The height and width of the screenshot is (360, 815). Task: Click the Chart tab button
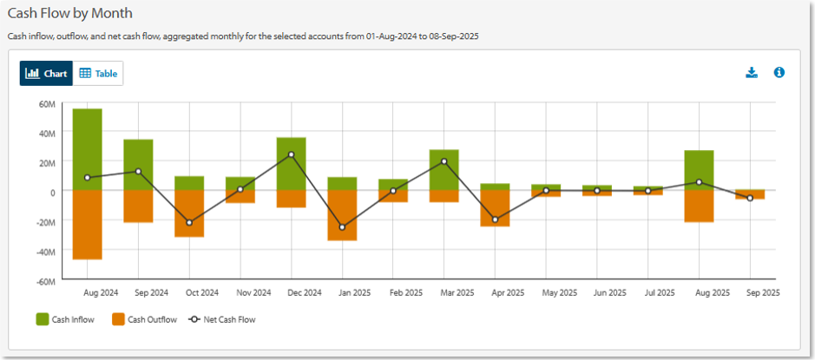click(47, 74)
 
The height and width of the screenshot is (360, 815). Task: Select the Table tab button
click(98, 74)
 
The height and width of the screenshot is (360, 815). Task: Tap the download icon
click(752, 73)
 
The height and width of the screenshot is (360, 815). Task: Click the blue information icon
click(779, 73)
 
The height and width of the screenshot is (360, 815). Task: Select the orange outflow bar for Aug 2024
click(88, 225)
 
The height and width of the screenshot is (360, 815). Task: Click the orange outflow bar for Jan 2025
click(342, 215)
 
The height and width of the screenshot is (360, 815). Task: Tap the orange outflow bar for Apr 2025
click(495, 208)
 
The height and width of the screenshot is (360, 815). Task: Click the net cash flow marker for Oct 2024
click(189, 223)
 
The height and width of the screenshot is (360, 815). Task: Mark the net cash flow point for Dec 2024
click(291, 154)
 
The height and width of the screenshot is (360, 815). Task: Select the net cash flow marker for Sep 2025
click(750, 199)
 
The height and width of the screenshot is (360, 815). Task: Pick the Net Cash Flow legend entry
click(221, 320)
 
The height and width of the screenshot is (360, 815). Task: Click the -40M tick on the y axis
click(45, 252)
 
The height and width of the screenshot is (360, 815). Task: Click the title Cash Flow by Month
click(69, 15)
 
